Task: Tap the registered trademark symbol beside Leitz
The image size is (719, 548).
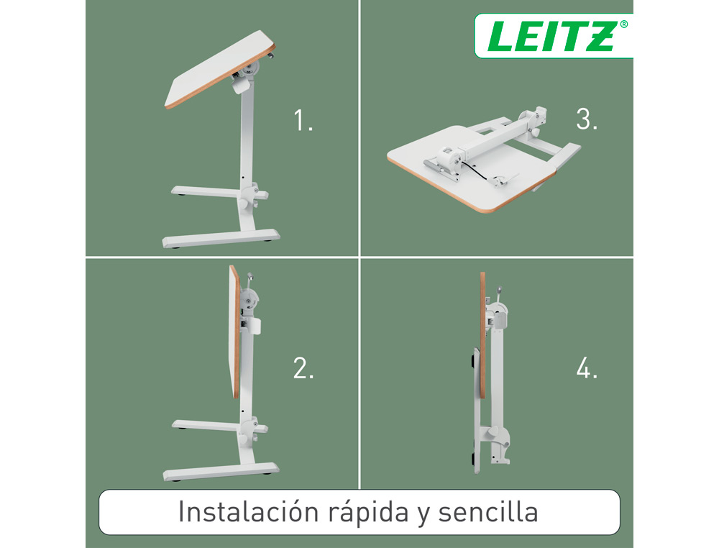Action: (x=623, y=24)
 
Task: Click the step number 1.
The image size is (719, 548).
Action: (x=303, y=121)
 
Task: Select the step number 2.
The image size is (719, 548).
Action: (x=303, y=368)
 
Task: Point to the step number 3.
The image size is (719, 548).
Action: (x=587, y=119)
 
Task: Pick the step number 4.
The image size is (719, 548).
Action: (x=587, y=368)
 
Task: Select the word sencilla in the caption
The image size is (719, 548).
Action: (x=488, y=511)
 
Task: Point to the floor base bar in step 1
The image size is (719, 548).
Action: (x=221, y=239)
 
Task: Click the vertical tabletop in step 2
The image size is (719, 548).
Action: (x=234, y=332)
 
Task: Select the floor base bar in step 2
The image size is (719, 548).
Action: (x=221, y=471)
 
